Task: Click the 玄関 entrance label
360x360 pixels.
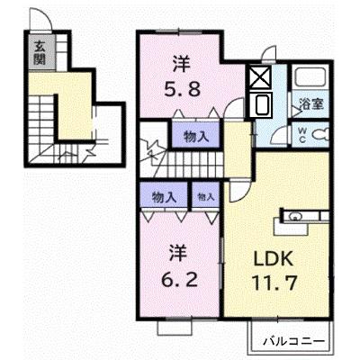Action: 40,52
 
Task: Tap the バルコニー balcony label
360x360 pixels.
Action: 294,341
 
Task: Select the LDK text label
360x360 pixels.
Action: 273,258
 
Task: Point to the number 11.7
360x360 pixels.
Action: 274,283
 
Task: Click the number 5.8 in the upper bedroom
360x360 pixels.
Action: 182,88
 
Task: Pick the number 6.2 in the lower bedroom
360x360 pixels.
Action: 180,280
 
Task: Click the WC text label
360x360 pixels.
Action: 302,135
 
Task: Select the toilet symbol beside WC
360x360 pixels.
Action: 320,133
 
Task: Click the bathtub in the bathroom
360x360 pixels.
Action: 310,76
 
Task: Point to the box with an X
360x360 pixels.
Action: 260,77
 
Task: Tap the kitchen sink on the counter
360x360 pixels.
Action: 295,216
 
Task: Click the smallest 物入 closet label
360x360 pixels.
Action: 206,197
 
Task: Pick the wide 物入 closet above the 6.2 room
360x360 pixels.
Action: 164,197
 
